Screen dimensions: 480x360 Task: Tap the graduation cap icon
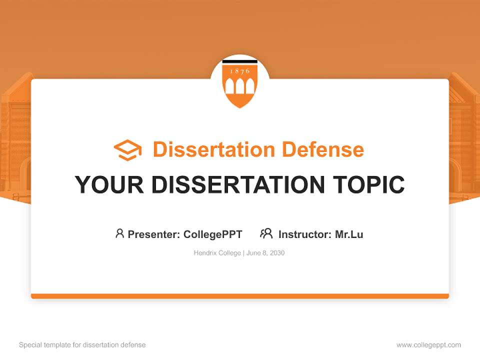click(127, 150)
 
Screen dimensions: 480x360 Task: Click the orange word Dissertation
click(214, 149)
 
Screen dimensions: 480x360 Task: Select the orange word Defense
click(323, 149)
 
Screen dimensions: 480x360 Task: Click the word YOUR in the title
click(109, 184)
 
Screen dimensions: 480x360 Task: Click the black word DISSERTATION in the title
click(238, 184)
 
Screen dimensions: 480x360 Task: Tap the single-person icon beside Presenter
click(119, 233)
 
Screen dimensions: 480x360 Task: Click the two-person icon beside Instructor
click(266, 233)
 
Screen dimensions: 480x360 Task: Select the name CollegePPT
click(213, 234)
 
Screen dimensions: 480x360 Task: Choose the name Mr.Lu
click(349, 234)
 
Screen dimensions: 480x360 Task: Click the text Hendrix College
click(217, 253)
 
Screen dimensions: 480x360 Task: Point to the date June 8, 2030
click(265, 253)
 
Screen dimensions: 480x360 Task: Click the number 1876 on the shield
click(240, 71)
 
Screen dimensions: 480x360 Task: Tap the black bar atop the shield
click(240, 62)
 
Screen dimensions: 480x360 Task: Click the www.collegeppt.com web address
click(428, 345)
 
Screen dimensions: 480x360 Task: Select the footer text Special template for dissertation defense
click(82, 345)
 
